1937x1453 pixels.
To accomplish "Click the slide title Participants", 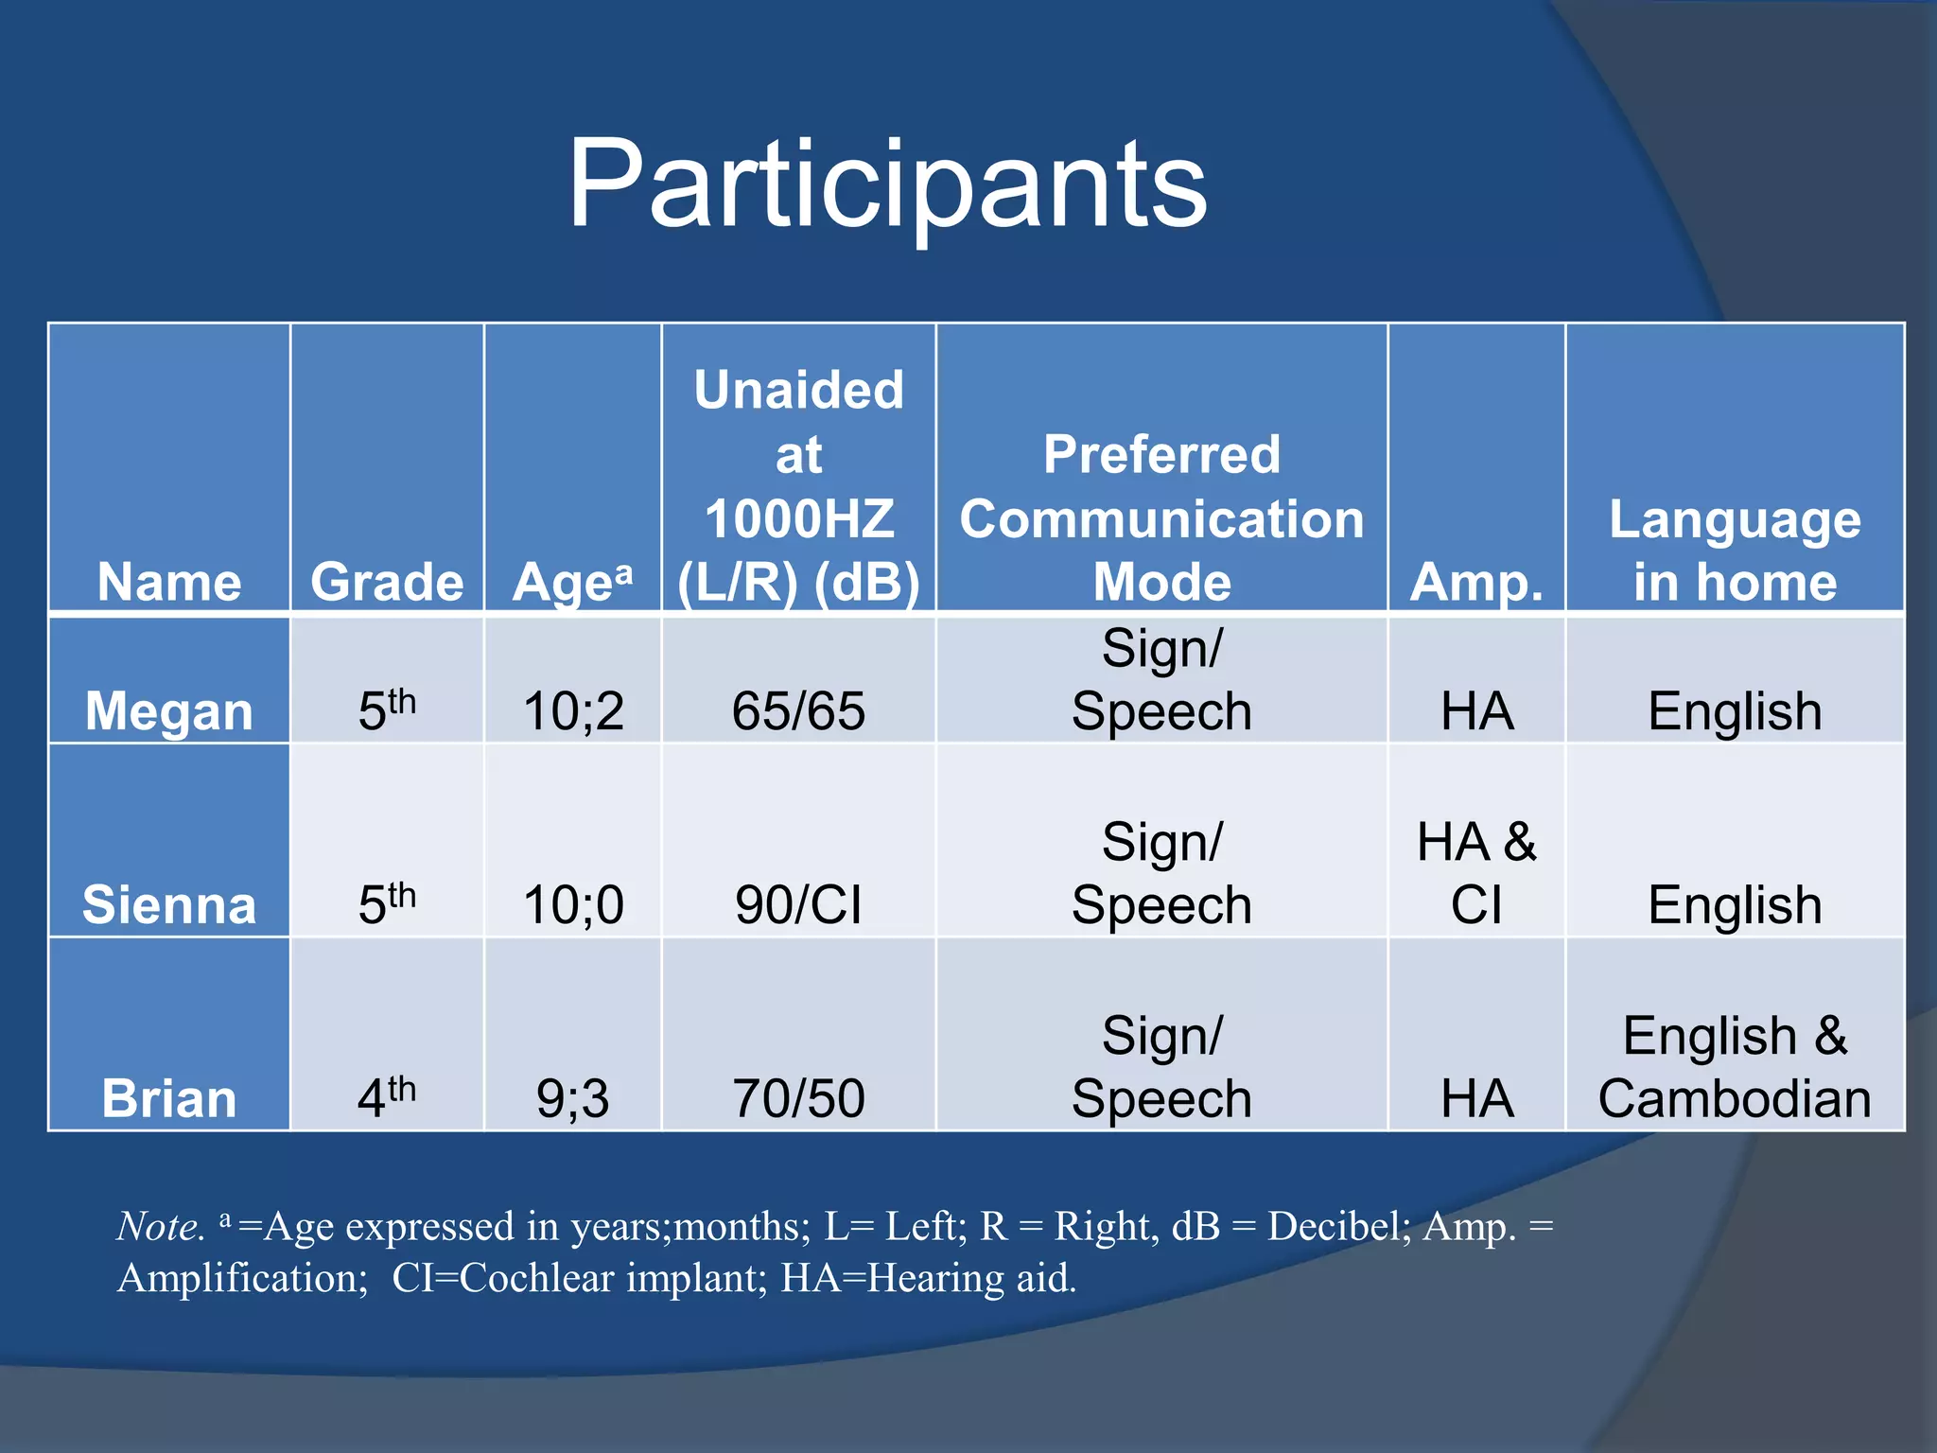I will pos(886,184).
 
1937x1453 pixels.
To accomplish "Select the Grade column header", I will pos(387,582).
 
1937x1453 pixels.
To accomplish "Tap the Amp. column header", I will pos(1475,582).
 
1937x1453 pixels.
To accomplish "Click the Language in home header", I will pos(1735,551).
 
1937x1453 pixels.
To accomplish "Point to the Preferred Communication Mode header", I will pos(1161,518).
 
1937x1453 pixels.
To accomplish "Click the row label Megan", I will pos(169,711).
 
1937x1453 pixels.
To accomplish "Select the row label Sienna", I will pos(169,905).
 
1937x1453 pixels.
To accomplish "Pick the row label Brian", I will pos(169,1099).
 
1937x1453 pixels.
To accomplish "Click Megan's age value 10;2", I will pos(573,711).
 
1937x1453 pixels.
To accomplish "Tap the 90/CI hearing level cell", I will pos(798,905).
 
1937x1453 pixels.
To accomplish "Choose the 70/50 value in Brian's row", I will pos(798,1099).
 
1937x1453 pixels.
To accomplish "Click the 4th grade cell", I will pos(387,1097).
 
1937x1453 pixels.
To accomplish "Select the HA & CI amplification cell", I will pos(1475,873).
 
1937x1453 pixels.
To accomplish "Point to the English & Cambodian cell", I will pos(1735,1067).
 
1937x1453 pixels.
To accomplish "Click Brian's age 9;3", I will pos(573,1099).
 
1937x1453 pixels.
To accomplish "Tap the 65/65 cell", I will pos(798,711).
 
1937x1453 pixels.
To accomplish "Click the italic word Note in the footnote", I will pos(159,1227).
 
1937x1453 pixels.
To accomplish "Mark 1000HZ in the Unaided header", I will pos(798,519).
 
